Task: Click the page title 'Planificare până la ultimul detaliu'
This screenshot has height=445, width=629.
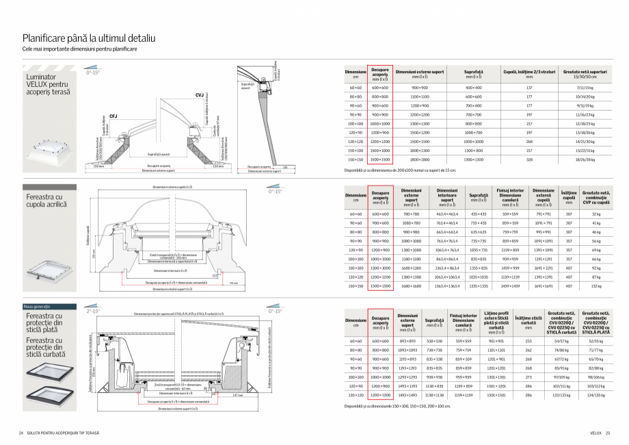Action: coord(90,38)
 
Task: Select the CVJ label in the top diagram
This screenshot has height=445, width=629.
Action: coord(199,96)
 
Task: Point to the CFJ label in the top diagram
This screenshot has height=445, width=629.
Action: coord(113,117)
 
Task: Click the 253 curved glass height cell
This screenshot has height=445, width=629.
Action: coord(528,340)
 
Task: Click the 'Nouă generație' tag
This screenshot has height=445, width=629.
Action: coord(39,305)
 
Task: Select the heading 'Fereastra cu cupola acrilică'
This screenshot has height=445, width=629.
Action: coord(44,201)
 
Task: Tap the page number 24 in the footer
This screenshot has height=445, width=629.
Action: coord(21,434)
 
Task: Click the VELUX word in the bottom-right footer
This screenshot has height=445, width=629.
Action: coord(595,434)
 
